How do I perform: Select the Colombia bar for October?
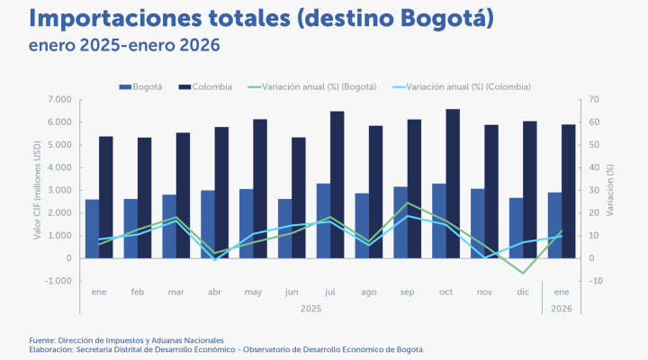point(453,184)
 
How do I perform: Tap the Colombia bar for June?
point(299,198)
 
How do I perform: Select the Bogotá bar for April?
point(208,224)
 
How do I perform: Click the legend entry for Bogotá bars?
point(141,86)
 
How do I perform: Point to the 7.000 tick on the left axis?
point(59,100)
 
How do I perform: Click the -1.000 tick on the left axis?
point(58,281)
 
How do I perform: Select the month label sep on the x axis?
point(401,292)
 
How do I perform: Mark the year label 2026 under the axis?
point(561,308)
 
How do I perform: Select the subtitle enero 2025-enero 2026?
point(124,44)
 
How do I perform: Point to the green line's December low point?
point(522,273)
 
